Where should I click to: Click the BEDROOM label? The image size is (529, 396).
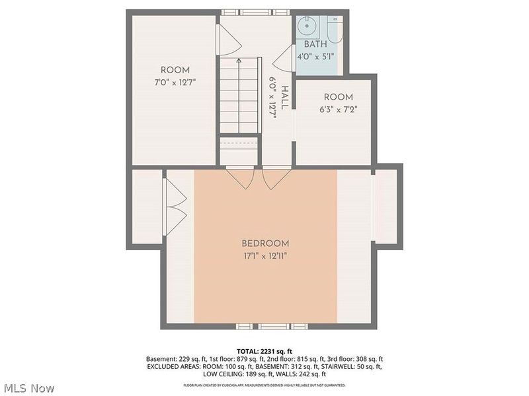(265, 243)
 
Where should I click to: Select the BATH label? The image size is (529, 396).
(315, 44)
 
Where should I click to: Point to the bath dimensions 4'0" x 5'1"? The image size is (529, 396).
(315, 56)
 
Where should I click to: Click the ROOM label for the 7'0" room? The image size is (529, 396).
(175, 70)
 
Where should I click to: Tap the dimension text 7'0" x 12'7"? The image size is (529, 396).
(175, 82)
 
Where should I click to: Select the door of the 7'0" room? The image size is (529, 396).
(228, 41)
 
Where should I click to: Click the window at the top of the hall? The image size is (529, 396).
(255, 12)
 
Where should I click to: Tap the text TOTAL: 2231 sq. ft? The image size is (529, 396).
(264, 350)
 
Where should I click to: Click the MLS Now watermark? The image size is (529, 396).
(28, 389)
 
